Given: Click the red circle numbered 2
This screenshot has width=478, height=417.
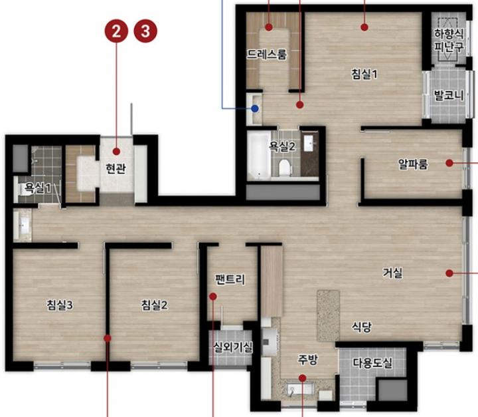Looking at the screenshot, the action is (116, 31).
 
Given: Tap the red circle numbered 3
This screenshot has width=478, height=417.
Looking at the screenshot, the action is (145, 31).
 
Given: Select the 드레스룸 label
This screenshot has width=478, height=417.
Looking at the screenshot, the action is (267, 55).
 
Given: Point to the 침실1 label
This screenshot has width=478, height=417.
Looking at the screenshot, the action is (364, 74).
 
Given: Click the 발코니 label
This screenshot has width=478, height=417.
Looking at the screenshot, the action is (449, 96).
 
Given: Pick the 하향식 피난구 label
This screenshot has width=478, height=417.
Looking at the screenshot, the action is (449, 40).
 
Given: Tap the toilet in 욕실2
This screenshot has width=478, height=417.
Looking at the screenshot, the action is (284, 167).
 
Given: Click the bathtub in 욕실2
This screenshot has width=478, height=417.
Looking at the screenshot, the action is (259, 155).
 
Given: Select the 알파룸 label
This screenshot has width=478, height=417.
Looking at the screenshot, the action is (413, 164).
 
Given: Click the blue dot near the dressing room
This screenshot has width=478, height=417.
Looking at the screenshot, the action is (255, 108).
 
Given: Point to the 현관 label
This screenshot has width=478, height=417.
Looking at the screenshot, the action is (116, 168).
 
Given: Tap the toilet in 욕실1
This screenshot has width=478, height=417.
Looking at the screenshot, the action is (25, 189).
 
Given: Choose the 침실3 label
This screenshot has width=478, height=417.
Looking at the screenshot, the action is (60, 305).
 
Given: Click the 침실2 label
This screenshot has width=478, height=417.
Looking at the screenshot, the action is (154, 305).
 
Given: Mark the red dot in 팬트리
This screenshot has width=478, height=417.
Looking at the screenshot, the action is (213, 297).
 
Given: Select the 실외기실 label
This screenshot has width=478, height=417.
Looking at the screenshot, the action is (233, 347).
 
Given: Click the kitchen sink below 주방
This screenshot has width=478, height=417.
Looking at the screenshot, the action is (300, 389).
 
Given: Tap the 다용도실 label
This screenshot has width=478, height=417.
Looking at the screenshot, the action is (372, 363).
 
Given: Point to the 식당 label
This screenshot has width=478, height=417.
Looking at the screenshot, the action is (362, 327).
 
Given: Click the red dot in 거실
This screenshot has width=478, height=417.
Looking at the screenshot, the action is (449, 273).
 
